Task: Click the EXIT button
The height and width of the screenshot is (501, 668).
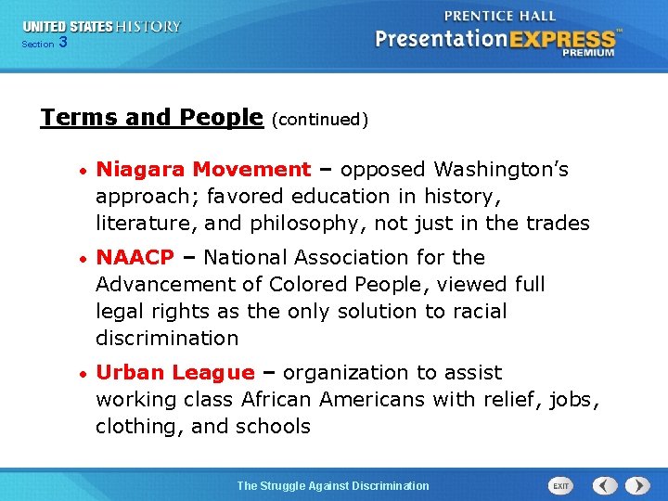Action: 560,485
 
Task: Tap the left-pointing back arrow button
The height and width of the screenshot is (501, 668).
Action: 605,485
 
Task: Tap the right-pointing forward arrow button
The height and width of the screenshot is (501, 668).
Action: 637,485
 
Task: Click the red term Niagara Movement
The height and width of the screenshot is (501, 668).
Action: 203,170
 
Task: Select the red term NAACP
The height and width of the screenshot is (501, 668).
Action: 135,257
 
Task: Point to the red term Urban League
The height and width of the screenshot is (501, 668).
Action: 174,373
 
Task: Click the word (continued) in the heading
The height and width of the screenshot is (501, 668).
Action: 320,120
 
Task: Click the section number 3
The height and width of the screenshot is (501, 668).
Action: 62,42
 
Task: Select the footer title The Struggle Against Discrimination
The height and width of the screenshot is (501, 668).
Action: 333,485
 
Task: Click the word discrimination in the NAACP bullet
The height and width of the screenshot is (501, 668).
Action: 166,338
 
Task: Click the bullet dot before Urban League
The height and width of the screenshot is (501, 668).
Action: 83,374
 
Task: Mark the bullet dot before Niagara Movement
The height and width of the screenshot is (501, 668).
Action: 83,171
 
